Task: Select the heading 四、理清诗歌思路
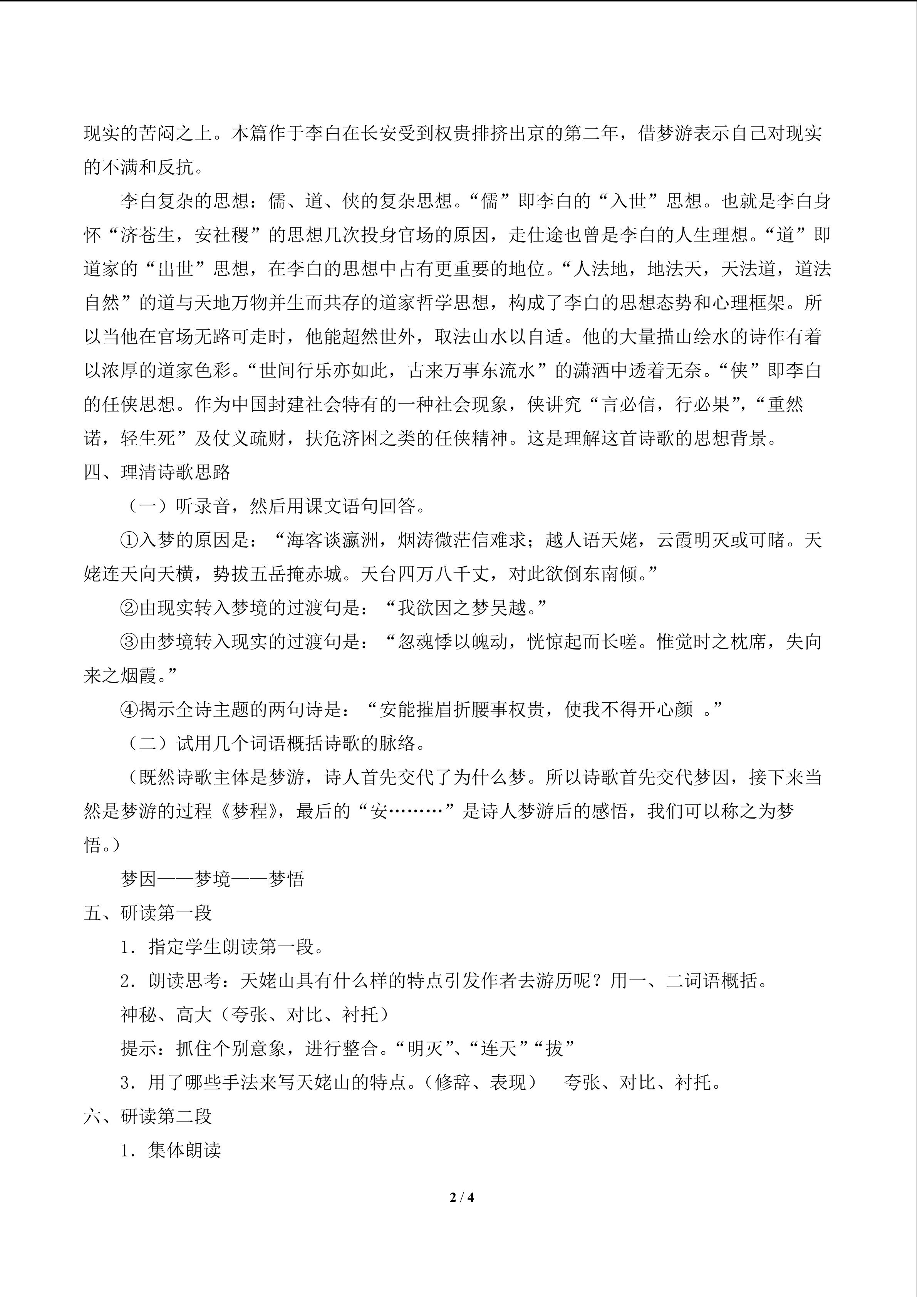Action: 157,472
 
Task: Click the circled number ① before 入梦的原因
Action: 129,540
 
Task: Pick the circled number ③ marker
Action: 129,642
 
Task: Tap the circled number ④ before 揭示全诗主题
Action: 129,710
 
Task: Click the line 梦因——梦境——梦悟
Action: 212,879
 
